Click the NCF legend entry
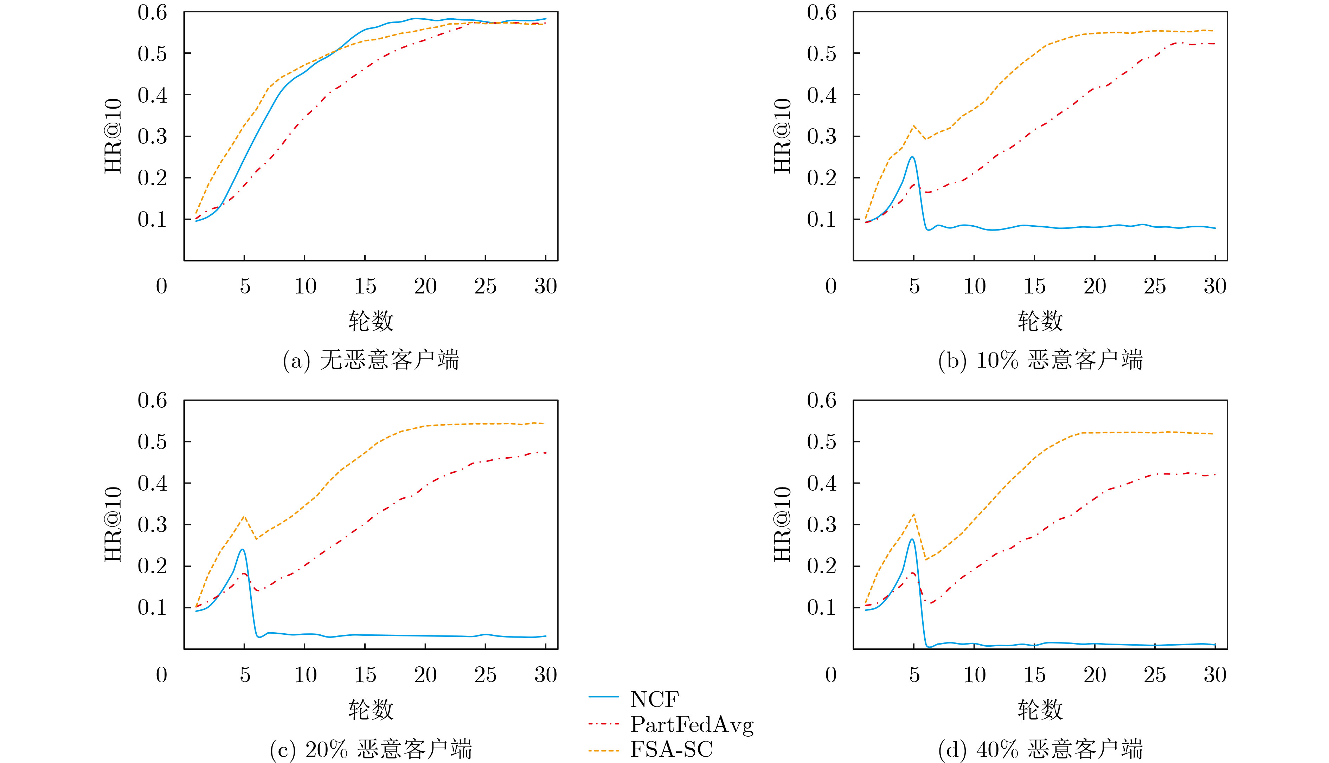[x=654, y=699]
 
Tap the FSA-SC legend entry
[x=671, y=749]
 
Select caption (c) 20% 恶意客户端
[x=371, y=749]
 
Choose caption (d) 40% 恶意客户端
[x=1040, y=749]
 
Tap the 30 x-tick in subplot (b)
[x=1215, y=286]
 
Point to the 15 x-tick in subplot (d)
[x=1034, y=675]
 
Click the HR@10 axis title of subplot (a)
[x=113, y=136]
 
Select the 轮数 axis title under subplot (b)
[x=1040, y=321]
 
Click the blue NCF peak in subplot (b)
[x=912, y=157]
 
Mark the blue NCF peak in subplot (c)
[x=242, y=549]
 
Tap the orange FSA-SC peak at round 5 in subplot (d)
[x=914, y=514]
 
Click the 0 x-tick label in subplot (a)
[x=161, y=286]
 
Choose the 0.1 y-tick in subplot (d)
[x=822, y=607]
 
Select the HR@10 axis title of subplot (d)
[x=782, y=525]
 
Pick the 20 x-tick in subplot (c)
[x=425, y=675]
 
